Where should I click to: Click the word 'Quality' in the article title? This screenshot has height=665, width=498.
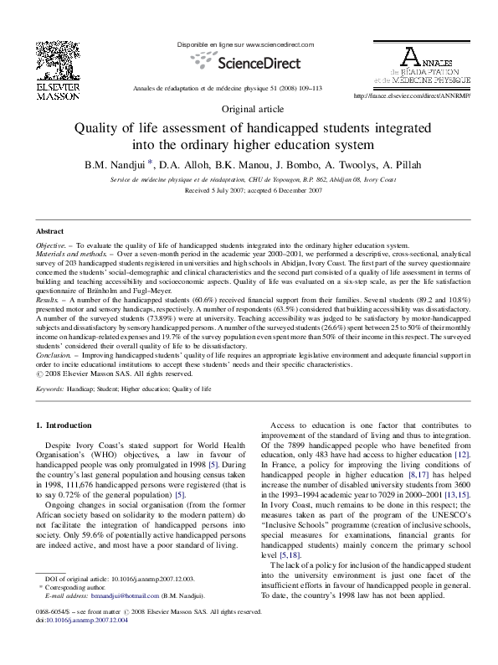click(100, 129)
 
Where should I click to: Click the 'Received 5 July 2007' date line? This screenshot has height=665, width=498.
click(249, 191)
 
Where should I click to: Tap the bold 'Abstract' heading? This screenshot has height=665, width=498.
click(50, 230)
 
